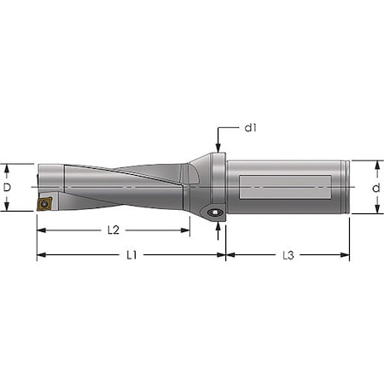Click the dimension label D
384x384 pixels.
click(9, 187)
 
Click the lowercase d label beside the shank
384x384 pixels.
click(375, 187)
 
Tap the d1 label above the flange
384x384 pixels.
click(251, 128)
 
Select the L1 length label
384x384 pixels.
click(131, 255)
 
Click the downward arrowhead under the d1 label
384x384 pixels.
click(219, 148)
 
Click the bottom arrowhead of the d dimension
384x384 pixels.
click(375, 210)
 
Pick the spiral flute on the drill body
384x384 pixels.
click(128, 183)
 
